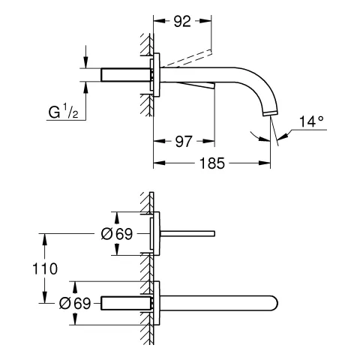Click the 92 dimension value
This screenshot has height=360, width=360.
[181, 22]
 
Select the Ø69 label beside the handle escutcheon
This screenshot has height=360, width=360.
[116, 233]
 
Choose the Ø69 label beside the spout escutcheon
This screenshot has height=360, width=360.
[74, 304]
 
